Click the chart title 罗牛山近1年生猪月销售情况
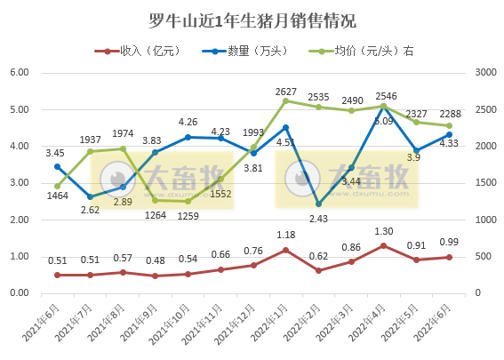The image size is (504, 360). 252,20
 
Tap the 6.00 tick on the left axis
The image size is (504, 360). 19,73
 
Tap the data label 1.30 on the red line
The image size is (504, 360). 383,232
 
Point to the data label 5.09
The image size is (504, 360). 383,121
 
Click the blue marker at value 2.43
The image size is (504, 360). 318,204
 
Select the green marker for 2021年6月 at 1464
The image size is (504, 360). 58,186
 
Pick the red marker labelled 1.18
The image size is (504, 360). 285,250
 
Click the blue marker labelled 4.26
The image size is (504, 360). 188,137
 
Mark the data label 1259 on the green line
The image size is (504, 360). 188,214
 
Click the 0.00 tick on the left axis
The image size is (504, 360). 19,293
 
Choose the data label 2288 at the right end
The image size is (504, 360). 449,114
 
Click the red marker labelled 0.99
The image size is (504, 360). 449,257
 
